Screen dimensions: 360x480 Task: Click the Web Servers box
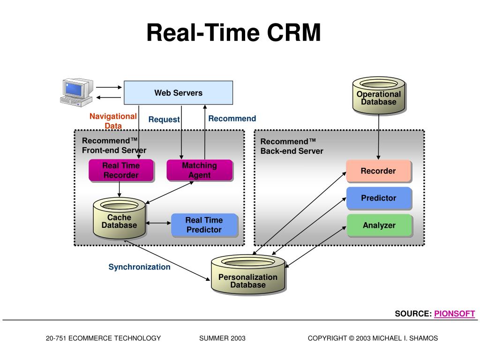[178, 92]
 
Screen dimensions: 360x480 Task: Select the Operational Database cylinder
[378, 97]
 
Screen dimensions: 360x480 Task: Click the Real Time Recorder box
[121, 171]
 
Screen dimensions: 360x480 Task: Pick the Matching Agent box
[199, 171]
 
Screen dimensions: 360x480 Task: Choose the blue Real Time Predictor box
[204, 225]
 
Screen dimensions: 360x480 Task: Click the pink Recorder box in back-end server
[378, 171]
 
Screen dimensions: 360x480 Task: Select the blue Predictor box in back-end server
[378, 198]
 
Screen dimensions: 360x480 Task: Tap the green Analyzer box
[379, 225]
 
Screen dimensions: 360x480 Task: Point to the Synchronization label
[140, 267]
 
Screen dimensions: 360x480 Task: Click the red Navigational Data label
[113, 121]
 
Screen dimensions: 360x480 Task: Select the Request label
[164, 120]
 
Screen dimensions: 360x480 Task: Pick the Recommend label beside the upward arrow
[232, 119]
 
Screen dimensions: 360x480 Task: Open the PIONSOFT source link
[454, 314]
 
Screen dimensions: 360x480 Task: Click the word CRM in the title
[294, 33]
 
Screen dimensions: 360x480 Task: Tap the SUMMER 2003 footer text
[222, 338]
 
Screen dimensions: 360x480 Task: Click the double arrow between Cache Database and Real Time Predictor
[158, 223]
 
